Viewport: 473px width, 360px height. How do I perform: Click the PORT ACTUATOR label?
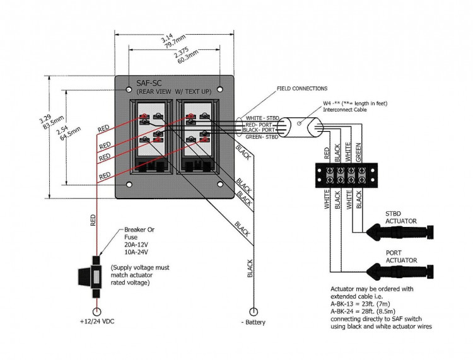click(401, 255)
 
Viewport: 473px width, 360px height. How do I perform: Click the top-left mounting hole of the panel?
click(129, 84)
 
